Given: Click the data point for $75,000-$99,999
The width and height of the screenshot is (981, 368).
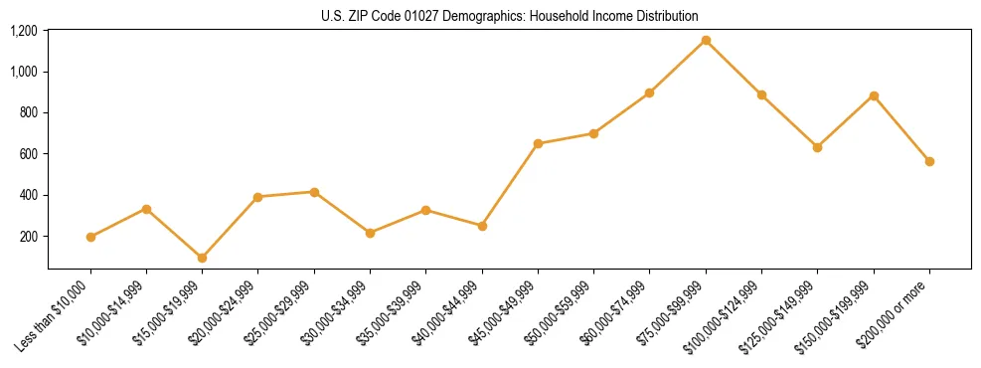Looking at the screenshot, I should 706,40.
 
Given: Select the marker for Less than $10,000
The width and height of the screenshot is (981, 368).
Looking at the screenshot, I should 90,237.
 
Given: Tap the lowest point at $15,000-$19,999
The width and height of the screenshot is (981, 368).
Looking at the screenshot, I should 203,258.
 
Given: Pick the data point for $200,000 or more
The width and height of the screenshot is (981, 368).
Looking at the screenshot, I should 929,161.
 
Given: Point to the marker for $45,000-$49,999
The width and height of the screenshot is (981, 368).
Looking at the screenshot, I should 538,143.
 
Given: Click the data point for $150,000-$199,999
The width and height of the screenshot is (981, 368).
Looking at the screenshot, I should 874,95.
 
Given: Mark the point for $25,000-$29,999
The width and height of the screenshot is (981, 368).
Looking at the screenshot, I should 314,192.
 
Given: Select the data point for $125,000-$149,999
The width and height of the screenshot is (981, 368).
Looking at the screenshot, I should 817,147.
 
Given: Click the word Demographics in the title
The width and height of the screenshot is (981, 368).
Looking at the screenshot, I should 466,16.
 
